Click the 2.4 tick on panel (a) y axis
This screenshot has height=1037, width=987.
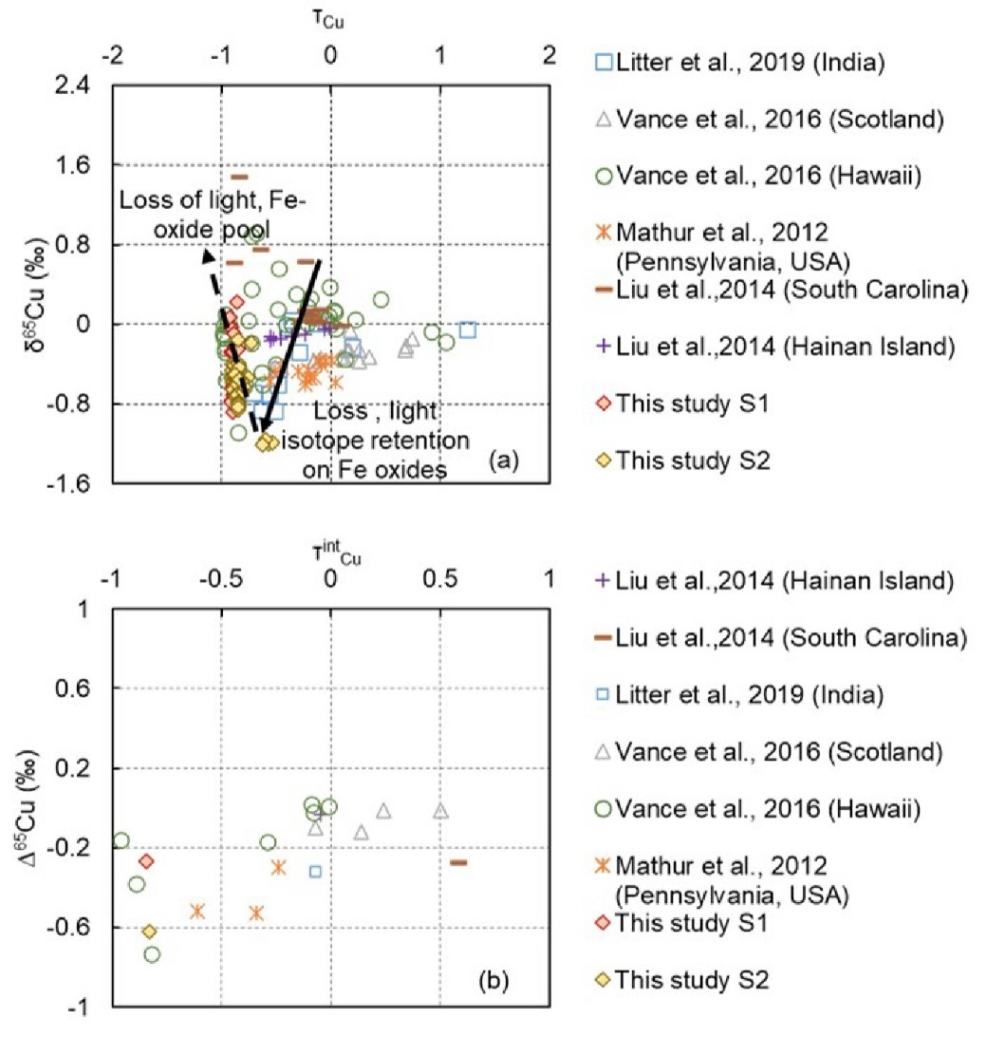81,85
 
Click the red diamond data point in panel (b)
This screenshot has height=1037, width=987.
146,860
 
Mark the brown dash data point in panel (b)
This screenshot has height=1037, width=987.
458,862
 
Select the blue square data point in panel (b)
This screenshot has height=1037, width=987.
315,871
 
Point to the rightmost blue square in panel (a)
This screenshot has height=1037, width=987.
467,330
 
